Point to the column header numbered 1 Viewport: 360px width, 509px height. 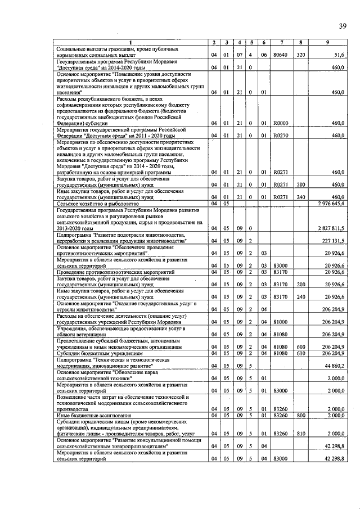(x=130, y=43)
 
